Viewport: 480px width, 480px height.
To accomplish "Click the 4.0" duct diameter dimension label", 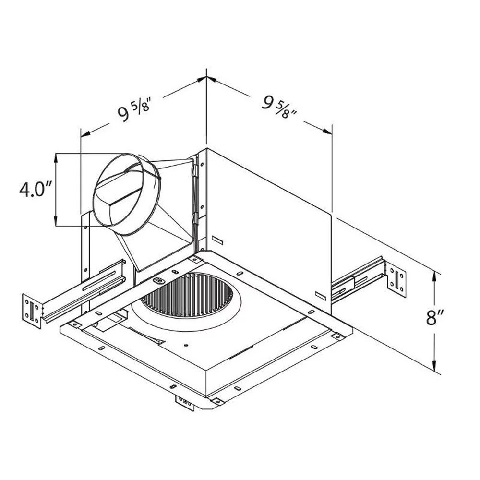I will [x=35, y=190].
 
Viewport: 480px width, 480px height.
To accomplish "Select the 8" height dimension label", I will [x=435, y=317].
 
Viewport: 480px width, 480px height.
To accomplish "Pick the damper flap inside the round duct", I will [x=120, y=192].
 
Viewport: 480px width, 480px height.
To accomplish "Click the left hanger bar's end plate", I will [x=32, y=311].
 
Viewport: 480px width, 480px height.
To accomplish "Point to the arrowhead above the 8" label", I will [x=435, y=276].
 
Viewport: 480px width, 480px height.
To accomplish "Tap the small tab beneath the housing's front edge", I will [x=185, y=402].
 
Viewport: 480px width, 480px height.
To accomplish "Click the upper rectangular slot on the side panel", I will [x=217, y=240].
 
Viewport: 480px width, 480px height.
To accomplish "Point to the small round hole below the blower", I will [x=187, y=344].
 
